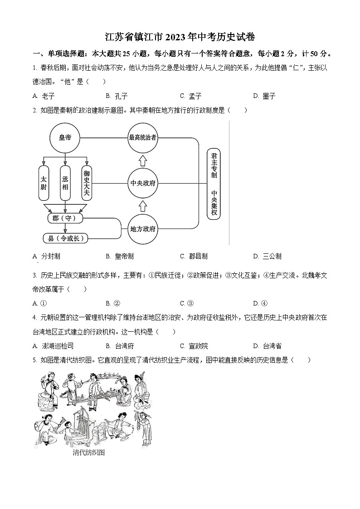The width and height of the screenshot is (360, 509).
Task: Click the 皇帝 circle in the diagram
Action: tap(65, 137)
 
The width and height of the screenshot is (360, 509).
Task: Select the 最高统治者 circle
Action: tap(142, 137)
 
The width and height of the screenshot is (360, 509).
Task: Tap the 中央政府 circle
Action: tap(142, 183)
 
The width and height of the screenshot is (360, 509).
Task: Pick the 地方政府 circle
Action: tap(142, 229)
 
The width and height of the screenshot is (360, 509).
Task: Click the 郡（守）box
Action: tap(65, 218)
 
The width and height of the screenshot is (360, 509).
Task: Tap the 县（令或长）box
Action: tap(65, 238)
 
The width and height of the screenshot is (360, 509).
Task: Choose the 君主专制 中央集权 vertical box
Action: tap(214, 183)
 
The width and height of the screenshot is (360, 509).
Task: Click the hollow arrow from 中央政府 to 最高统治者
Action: tap(142, 160)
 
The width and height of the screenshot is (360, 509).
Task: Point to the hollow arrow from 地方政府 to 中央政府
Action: tap(142, 206)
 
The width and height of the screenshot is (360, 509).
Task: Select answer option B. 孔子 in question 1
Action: tap(117, 96)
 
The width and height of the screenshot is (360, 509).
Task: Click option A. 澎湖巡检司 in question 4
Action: tap(54, 346)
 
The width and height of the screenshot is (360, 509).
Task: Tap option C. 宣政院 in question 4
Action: tap(194, 346)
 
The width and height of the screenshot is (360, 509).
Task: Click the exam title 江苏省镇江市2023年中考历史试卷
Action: tap(180, 37)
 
